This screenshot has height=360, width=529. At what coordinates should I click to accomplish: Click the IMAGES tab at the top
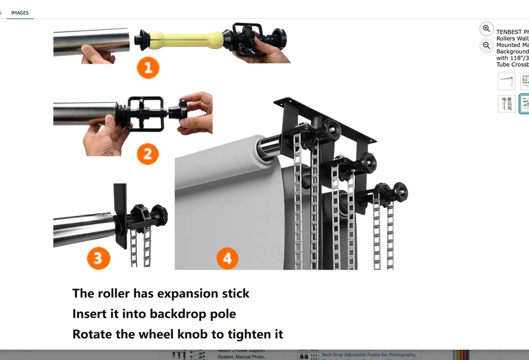[20, 13]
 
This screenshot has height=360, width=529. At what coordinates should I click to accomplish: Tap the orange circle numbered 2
[147, 154]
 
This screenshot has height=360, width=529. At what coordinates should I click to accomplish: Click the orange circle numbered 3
[98, 258]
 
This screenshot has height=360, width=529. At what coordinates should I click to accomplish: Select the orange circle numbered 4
[227, 258]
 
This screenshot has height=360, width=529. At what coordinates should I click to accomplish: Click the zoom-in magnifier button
[486, 29]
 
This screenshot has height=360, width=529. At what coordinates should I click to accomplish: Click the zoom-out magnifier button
[486, 46]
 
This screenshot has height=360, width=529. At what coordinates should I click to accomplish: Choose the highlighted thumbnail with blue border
[524, 103]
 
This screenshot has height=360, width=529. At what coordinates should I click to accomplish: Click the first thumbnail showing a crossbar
[506, 82]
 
